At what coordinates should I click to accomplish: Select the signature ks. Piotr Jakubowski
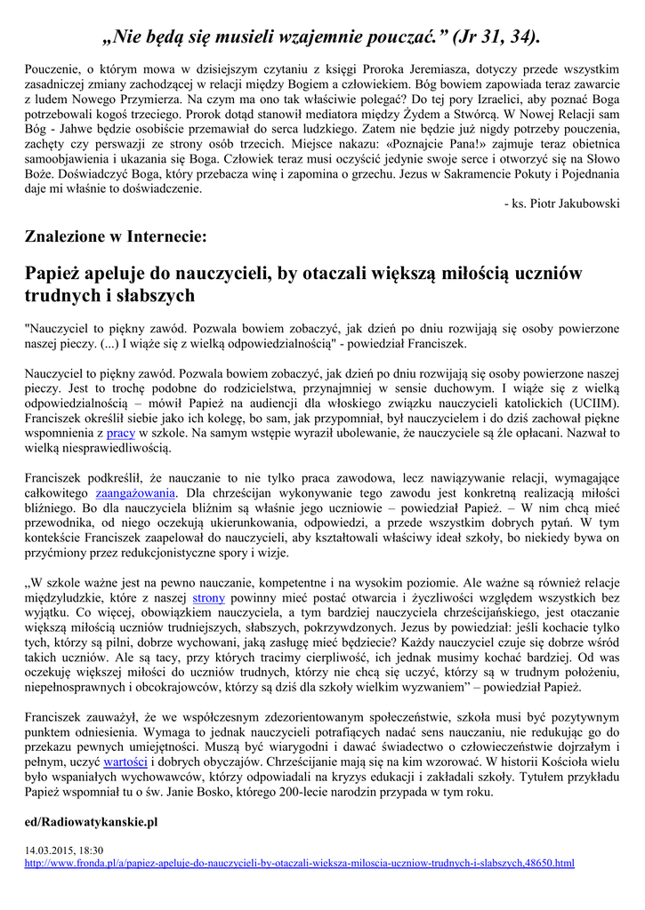tap(561, 204)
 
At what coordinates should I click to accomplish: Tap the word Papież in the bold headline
tap(55, 273)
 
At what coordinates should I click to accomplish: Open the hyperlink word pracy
tap(120, 433)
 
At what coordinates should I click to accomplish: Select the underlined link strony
tap(208, 598)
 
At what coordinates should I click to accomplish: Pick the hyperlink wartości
tap(125, 762)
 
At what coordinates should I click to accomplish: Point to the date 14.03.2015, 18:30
tap(65, 850)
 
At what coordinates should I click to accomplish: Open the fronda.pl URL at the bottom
tap(299, 863)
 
